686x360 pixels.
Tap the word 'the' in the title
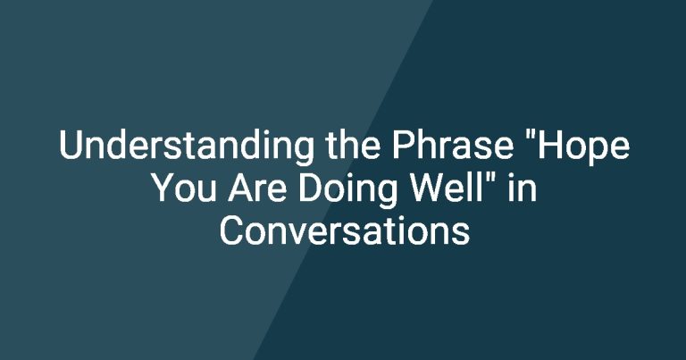pyautogui.click(x=353, y=145)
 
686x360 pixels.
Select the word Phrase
pyautogui.click(x=452, y=145)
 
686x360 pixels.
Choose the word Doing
pyautogui.click(x=347, y=190)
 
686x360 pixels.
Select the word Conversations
pyautogui.click(x=344, y=231)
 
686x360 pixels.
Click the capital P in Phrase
pyautogui.click(x=403, y=145)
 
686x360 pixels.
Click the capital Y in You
pyautogui.click(x=164, y=188)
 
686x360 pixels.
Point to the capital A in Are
pyautogui.click(x=240, y=188)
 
